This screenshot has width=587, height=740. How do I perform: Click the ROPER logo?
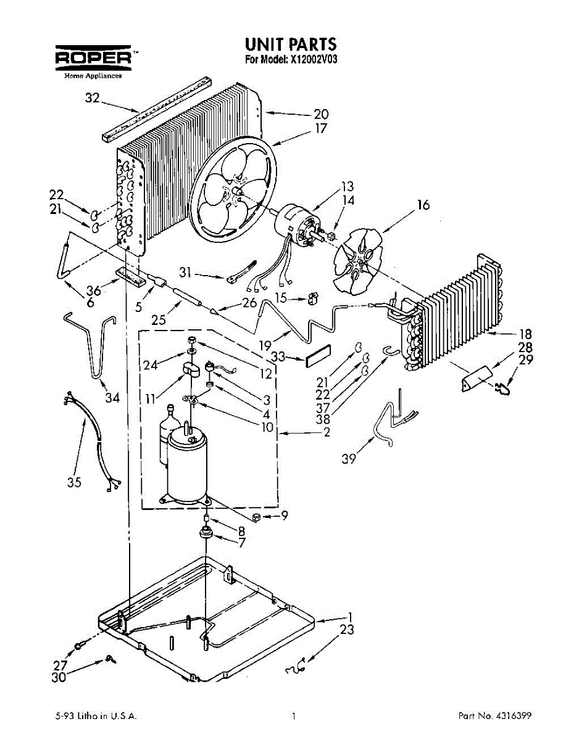93,57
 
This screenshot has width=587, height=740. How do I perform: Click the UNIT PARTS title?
290,44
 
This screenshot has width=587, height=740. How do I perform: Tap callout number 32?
92,98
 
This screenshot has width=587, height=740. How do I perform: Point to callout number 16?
423,205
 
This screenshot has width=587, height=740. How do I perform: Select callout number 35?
74,482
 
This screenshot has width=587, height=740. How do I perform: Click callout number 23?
348,630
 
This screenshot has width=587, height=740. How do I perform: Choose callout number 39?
349,459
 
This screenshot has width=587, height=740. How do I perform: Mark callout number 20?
321,114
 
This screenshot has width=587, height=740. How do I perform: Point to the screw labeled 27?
80,646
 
